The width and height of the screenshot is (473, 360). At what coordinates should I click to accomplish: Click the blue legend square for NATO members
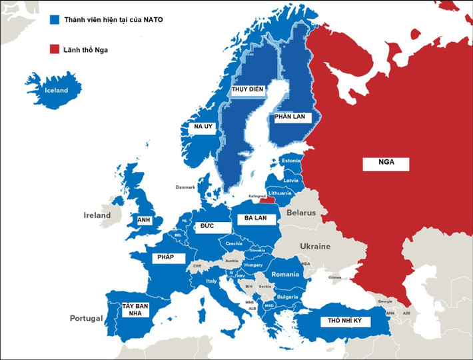tap(55, 20)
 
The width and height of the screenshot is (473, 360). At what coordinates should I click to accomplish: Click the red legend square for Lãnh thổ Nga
tap(55, 49)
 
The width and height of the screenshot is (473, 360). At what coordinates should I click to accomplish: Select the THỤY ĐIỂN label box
tap(248, 89)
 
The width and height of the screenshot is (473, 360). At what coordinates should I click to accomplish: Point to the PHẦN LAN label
tap(290, 117)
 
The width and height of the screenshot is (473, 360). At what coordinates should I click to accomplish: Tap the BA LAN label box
tap(255, 218)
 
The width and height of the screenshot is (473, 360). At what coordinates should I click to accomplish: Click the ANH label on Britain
tap(144, 219)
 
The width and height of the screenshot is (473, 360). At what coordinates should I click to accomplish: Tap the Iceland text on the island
tap(56, 90)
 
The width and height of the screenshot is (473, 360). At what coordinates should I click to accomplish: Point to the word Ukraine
tap(315, 246)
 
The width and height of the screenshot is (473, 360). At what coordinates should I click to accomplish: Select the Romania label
tap(285, 274)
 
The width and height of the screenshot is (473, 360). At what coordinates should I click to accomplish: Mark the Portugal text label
tap(87, 318)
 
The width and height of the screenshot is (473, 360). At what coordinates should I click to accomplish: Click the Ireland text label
tap(97, 215)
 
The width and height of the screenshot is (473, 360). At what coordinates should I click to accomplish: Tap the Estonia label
tap(291, 161)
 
